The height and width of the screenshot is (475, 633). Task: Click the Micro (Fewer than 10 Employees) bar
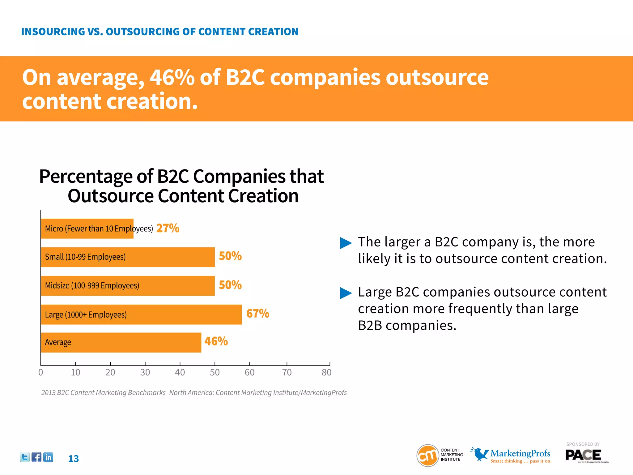point(87,229)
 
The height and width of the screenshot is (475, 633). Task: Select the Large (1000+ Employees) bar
point(141,315)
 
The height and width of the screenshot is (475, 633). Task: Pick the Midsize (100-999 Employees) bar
point(127,286)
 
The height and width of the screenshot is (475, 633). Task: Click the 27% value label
point(168,228)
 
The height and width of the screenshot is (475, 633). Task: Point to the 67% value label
point(257,314)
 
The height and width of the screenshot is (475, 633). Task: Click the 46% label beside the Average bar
point(216,341)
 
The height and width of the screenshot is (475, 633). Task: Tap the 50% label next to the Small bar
point(230,256)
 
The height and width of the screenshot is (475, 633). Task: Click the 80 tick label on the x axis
point(326,372)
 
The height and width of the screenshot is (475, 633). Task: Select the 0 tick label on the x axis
point(41,372)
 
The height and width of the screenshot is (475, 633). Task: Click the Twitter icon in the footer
point(25,457)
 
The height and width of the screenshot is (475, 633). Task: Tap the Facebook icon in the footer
point(36,457)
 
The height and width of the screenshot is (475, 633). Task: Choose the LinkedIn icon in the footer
point(48,457)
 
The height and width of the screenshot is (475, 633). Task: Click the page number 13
point(74,459)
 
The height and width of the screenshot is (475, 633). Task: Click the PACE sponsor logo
point(583,455)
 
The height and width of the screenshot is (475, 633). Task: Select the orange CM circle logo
point(427,455)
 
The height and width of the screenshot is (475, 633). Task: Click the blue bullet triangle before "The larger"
point(346,243)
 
